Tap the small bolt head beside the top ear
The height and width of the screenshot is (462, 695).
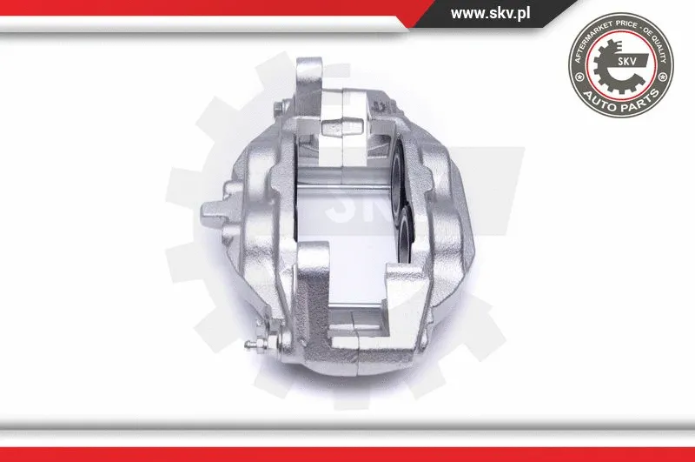tap(276, 108)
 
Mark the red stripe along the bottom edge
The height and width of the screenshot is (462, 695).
tap(347, 453)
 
